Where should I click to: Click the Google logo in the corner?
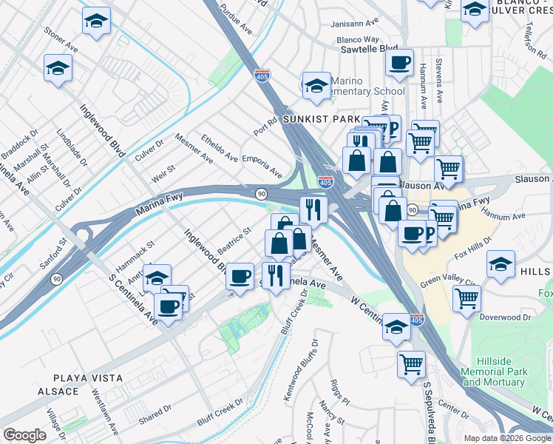25,435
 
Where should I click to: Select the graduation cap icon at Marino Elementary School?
316,86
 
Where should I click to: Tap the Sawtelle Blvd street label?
369,50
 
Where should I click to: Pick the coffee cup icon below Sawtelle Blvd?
399,64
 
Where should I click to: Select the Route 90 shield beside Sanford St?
56,279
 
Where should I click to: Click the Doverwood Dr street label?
506,317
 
